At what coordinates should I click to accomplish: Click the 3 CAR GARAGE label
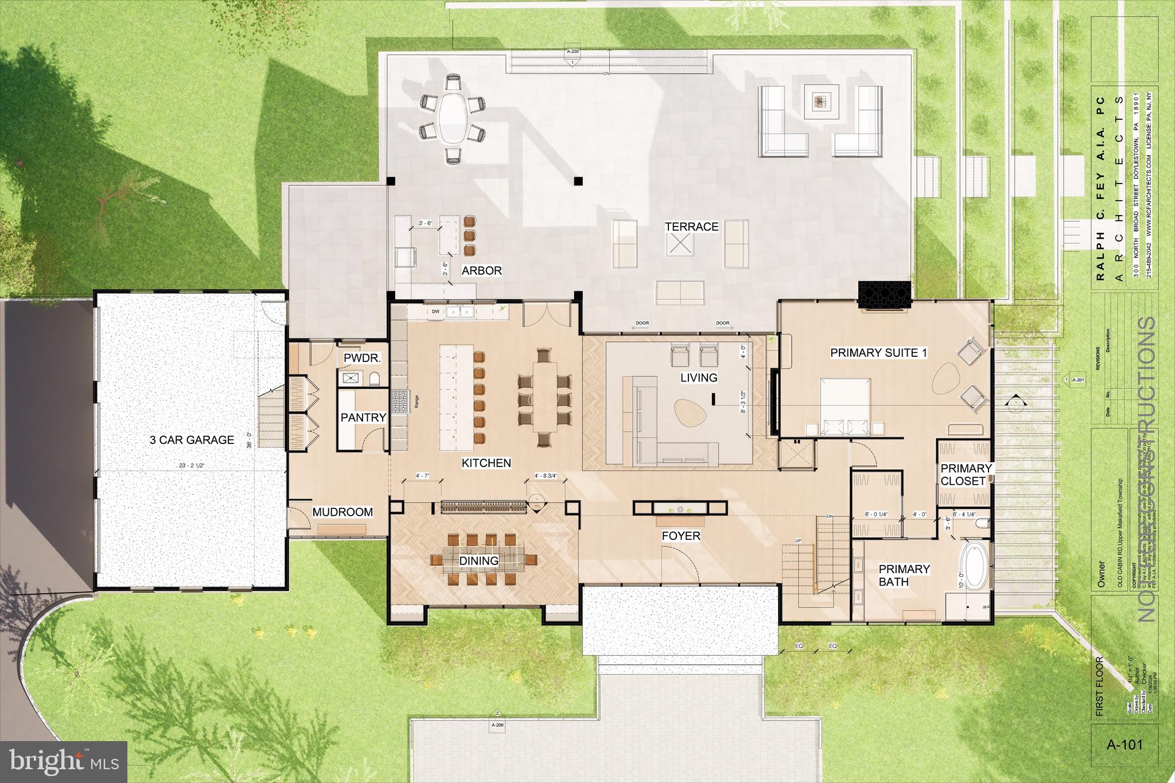click(x=192, y=440)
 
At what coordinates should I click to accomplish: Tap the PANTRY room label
click(x=363, y=418)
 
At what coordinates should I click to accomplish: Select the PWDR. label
click(x=363, y=359)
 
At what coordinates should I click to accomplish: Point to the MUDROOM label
click(x=343, y=512)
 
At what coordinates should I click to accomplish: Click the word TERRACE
click(x=691, y=227)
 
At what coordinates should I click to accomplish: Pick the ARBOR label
click(x=481, y=271)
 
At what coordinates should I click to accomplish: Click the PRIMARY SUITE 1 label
click(x=878, y=353)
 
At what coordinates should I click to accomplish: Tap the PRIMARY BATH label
click(x=904, y=575)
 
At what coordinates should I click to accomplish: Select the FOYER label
click(x=681, y=536)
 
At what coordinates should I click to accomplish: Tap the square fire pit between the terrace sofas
click(x=820, y=102)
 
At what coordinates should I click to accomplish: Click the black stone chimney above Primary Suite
click(x=885, y=295)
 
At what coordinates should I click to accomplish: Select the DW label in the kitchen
click(x=435, y=311)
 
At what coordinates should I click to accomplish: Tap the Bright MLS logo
click(x=64, y=762)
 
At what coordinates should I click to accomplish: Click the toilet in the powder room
click(x=375, y=378)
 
